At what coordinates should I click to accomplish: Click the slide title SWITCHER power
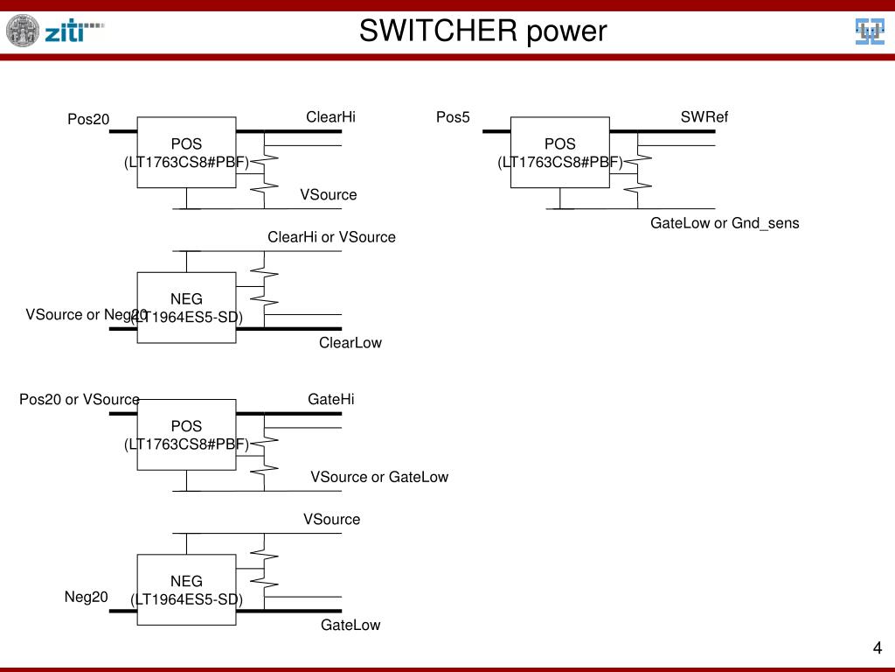tap(482, 31)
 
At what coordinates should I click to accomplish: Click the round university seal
tap(23, 31)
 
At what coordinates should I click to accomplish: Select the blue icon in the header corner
tap(869, 31)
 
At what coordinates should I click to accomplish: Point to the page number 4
tap(877, 648)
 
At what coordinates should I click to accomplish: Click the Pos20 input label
tap(89, 119)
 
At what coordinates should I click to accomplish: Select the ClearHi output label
tap(330, 117)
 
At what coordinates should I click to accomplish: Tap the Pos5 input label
tap(453, 117)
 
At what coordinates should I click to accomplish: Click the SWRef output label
tap(704, 117)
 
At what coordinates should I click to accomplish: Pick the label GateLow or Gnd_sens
tap(725, 223)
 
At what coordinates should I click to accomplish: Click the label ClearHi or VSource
tap(331, 237)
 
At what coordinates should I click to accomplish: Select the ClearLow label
tap(350, 343)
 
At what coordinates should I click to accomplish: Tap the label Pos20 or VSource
tap(80, 400)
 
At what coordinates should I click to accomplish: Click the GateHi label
tap(331, 399)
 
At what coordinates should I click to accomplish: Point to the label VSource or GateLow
tap(379, 477)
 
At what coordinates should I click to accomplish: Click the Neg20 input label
tap(86, 597)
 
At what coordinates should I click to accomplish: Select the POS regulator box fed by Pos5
tap(560, 152)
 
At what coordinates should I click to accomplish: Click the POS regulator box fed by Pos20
tap(186, 152)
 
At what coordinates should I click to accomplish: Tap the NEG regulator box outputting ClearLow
tap(186, 307)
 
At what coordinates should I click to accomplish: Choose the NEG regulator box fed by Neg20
tap(186, 589)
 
